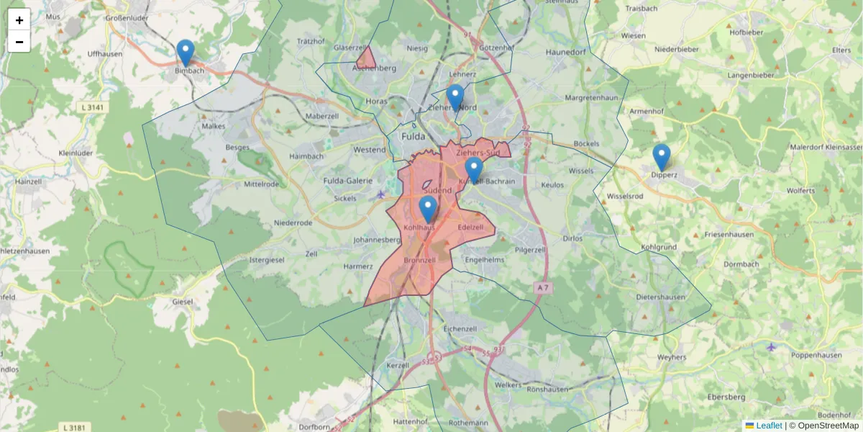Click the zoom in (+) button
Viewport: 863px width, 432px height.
pyautogui.click(x=19, y=20)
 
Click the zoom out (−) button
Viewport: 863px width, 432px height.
pyautogui.click(x=19, y=42)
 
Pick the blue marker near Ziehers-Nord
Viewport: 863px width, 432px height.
pyautogui.click(x=455, y=98)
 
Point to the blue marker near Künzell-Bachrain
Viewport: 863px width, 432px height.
pyautogui.click(x=473, y=171)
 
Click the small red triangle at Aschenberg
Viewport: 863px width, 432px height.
pyautogui.click(x=366, y=58)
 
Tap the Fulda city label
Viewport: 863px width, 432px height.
pyautogui.click(x=413, y=136)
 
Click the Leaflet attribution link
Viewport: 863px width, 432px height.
pyautogui.click(x=769, y=426)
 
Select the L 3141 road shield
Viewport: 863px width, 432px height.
pyautogui.click(x=93, y=107)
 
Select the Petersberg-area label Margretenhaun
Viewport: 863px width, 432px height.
pyautogui.click(x=592, y=97)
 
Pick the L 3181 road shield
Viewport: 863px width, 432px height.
pyautogui.click(x=74, y=428)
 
